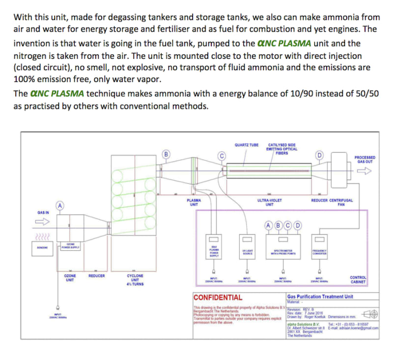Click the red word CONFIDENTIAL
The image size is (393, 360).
point(218,298)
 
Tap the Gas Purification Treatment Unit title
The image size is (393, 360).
point(320,297)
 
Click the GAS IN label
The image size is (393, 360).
point(43,213)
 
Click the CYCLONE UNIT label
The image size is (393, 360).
point(135,280)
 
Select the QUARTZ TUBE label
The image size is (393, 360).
point(247,145)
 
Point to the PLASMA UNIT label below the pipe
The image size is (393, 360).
point(194,202)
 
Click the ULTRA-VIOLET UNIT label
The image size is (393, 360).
point(269,202)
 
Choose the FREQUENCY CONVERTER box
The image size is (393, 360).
point(320,252)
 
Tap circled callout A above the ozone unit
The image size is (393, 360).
point(60,206)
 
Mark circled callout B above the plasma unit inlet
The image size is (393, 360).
point(166,154)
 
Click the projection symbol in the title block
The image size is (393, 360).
point(370,314)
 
